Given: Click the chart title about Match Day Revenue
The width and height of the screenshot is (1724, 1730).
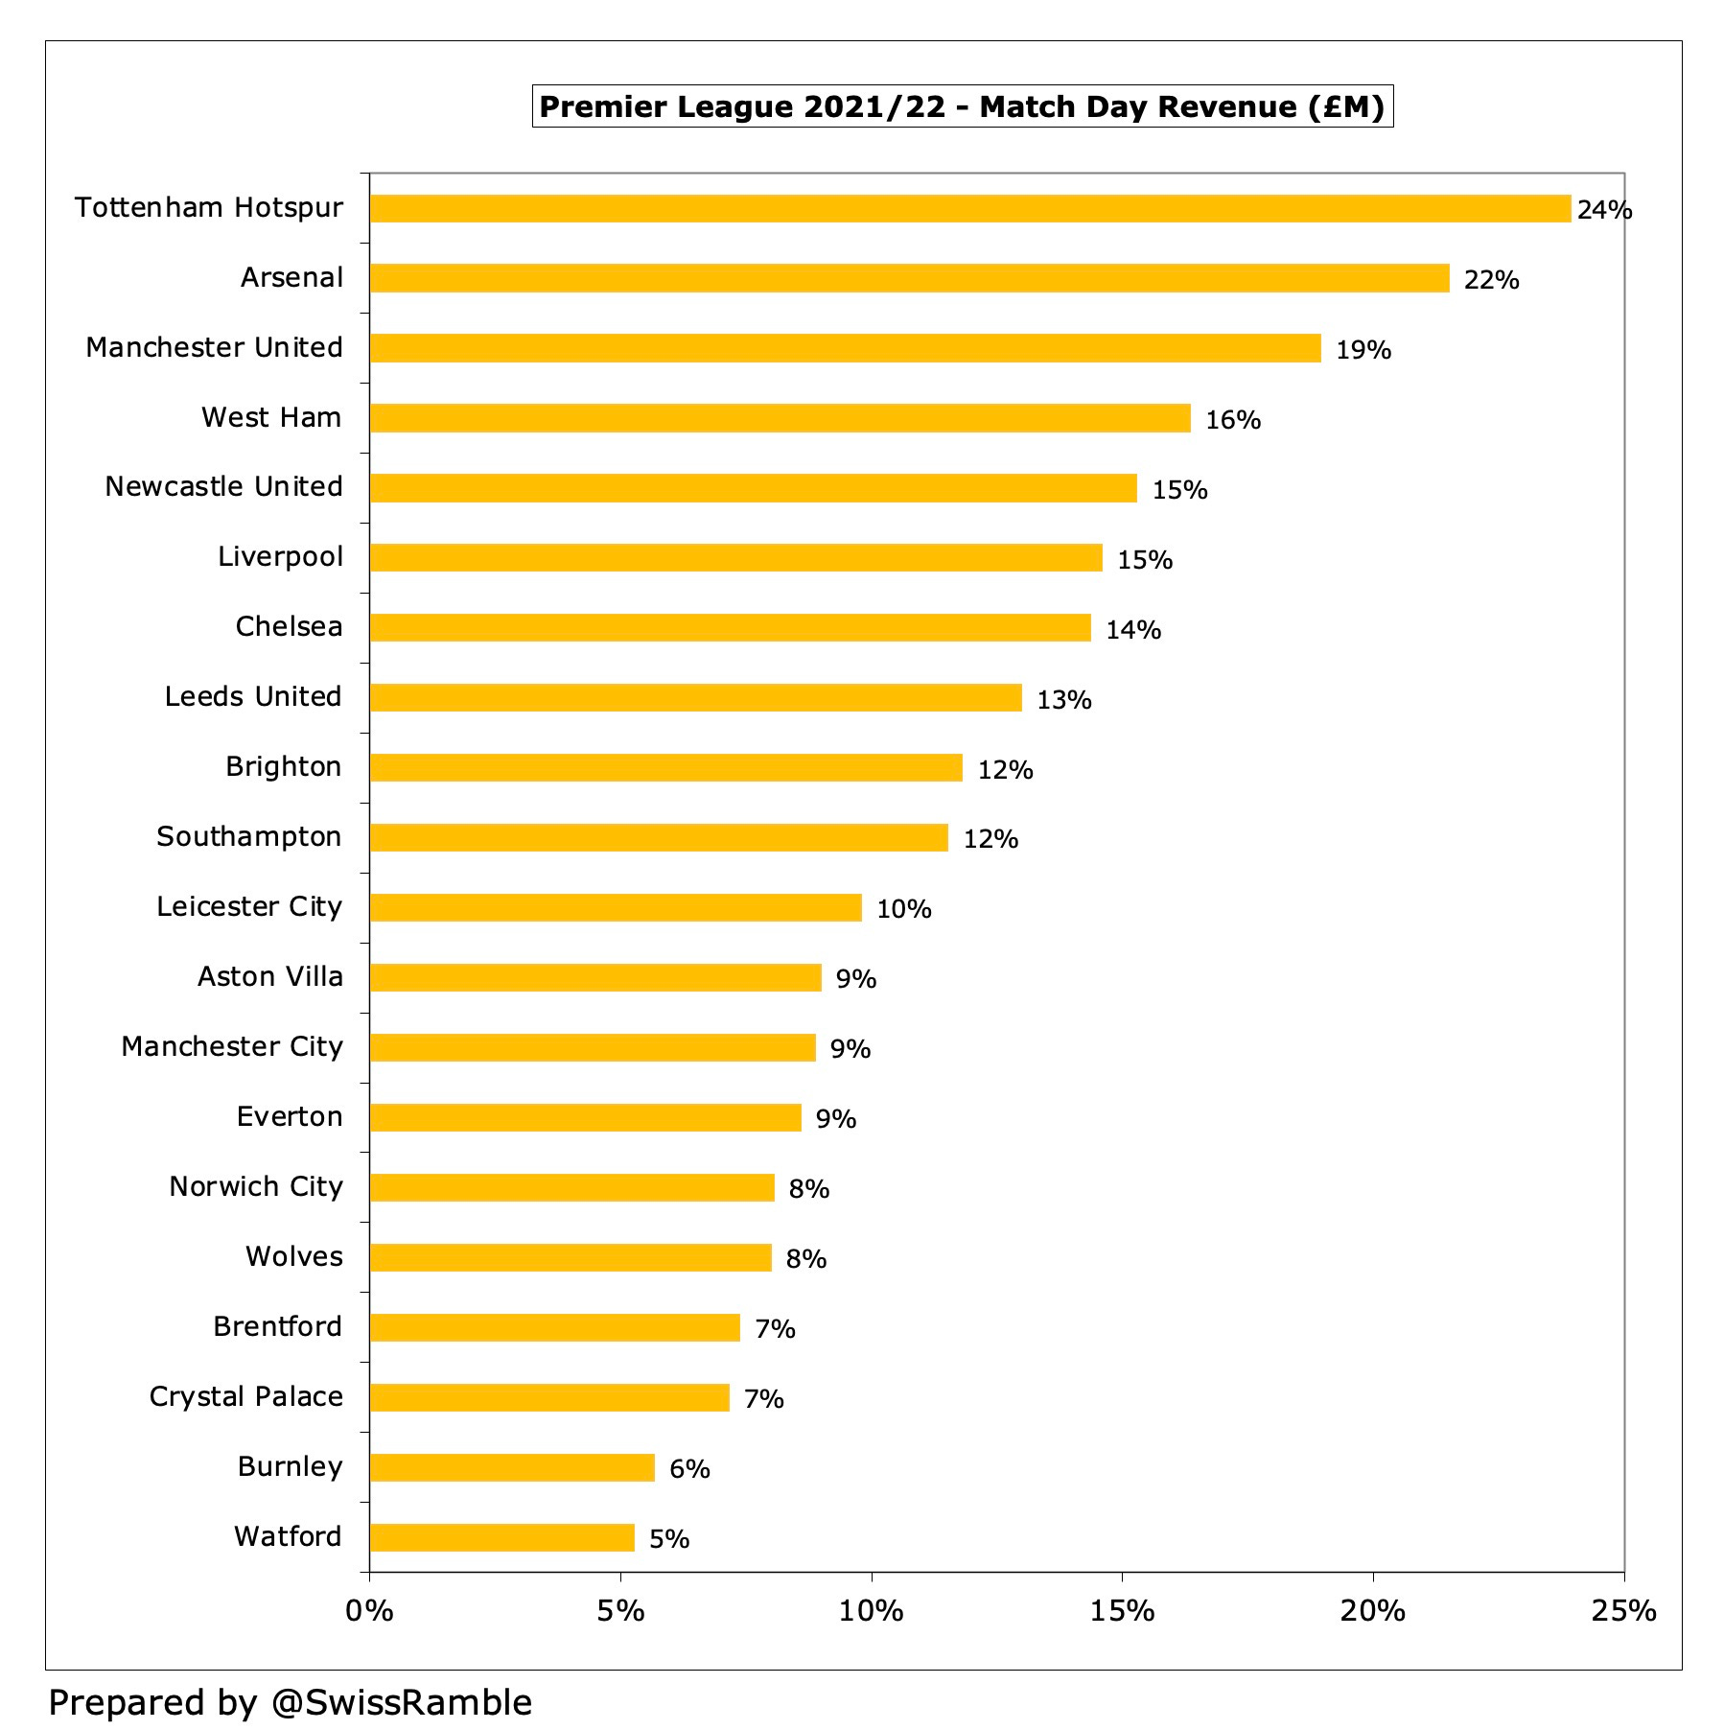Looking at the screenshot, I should (962, 106).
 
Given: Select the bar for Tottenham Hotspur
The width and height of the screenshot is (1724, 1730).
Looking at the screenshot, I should (968, 208).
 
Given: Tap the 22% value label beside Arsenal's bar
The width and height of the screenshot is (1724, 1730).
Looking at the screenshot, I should (1491, 280).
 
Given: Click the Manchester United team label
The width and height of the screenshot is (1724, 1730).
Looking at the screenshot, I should (214, 347).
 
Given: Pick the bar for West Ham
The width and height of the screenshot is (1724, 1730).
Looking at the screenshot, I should (780, 418).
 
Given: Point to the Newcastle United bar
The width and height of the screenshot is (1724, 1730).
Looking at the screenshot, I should (753, 488).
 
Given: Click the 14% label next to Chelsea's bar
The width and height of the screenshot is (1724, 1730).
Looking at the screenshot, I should (1133, 630).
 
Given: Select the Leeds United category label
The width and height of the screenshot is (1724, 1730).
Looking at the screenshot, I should (253, 696).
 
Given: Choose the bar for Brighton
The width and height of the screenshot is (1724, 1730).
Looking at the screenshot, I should (665, 767).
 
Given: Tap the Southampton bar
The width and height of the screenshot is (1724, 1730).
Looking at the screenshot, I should (659, 837).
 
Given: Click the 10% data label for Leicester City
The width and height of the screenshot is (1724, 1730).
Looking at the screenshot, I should (903, 909).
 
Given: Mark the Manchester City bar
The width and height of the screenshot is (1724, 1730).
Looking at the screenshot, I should (593, 1047).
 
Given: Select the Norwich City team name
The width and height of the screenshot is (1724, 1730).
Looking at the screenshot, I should (256, 1186).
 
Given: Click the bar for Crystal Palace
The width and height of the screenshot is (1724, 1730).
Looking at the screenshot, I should (549, 1397).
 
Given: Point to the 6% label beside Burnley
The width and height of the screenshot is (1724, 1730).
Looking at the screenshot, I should (689, 1469).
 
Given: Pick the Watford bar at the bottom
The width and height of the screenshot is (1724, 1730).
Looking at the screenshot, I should (501, 1537).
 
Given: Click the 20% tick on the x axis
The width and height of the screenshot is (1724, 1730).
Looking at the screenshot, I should (1372, 1611).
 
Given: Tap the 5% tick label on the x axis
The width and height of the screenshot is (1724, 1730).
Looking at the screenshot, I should (619, 1611).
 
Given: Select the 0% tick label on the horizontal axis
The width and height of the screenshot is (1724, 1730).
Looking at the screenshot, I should (369, 1611).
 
